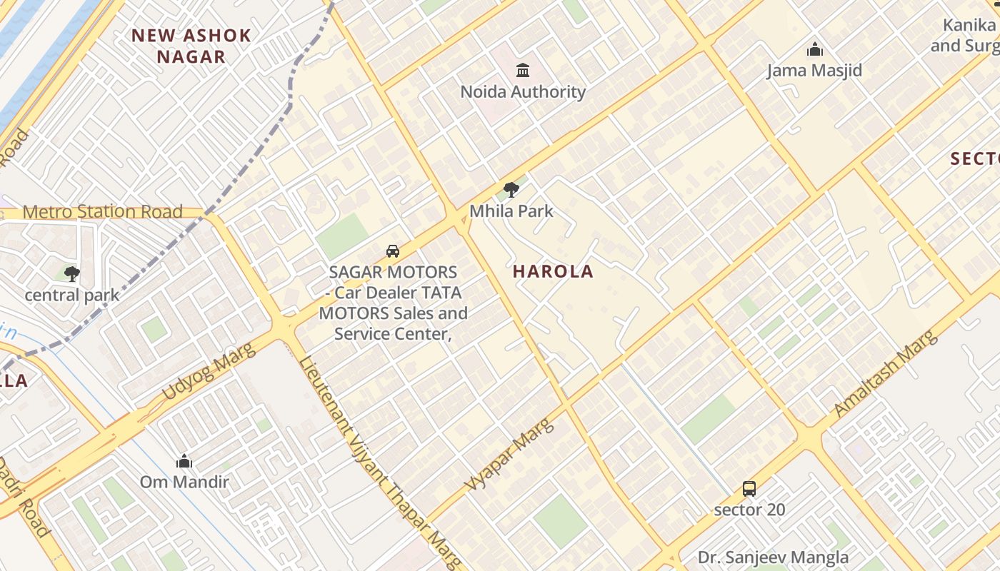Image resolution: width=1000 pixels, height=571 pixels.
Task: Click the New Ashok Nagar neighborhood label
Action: click(x=191, y=46)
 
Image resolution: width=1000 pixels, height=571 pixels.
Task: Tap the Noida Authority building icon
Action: click(x=523, y=70)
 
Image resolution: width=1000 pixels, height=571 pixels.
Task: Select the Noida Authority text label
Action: click(x=523, y=92)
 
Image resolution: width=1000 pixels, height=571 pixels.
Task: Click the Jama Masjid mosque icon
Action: click(x=814, y=50)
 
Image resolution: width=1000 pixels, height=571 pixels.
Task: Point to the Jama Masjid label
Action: click(x=814, y=71)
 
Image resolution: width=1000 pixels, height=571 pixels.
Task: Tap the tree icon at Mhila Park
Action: click(x=511, y=190)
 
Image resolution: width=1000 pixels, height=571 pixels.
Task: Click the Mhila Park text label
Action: click(x=511, y=211)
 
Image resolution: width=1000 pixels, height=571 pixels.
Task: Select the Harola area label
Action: click(x=553, y=271)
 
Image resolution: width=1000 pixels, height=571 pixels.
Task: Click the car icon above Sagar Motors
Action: click(x=393, y=251)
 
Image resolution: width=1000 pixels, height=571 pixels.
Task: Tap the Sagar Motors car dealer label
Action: click(x=393, y=303)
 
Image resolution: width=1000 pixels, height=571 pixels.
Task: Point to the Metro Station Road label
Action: click(x=103, y=212)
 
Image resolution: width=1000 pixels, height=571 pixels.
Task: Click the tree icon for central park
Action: click(x=71, y=273)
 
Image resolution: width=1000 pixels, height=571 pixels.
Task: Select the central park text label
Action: click(x=71, y=295)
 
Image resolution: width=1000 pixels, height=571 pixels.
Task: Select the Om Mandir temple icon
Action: click(x=184, y=461)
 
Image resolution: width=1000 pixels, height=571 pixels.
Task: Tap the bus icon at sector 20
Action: click(x=749, y=489)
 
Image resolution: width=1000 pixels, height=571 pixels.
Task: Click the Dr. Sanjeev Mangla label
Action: click(x=773, y=557)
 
